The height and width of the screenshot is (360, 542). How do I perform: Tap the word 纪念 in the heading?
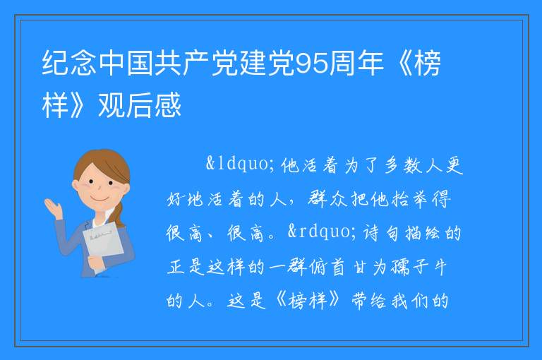[x=69, y=64]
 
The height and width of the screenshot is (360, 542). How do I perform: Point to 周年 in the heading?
[x=356, y=64]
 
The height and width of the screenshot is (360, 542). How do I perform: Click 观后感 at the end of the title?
[x=140, y=104]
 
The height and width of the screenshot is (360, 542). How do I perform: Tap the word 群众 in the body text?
[x=327, y=199]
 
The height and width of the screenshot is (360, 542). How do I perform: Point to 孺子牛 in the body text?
[x=418, y=267]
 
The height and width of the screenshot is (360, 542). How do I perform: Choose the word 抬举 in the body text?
[x=411, y=199]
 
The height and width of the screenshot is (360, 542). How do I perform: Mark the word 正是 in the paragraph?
[x=186, y=267]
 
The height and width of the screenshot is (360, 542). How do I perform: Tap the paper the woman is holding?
[x=102, y=244]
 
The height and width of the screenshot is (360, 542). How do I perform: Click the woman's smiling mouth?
[x=98, y=199]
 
